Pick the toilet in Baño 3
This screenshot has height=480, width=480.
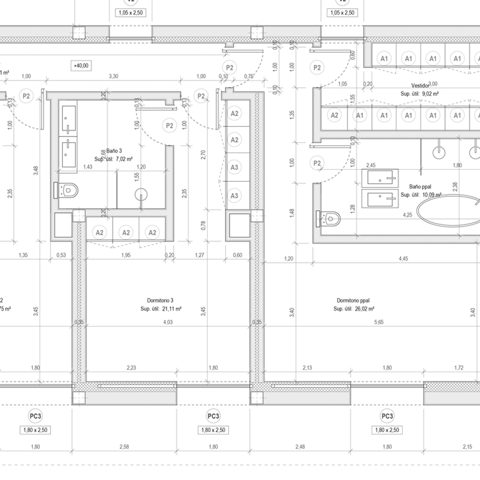(x=68, y=190)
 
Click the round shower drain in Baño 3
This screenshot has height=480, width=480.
(x=142, y=194)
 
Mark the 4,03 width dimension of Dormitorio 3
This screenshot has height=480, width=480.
(x=167, y=323)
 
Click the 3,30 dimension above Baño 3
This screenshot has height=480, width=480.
(x=113, y=76)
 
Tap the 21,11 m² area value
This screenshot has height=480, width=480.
(x=172, y=309)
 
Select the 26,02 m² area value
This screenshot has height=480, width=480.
(x=364, y=309)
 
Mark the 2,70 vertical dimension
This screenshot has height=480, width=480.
(x=203, y=154)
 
